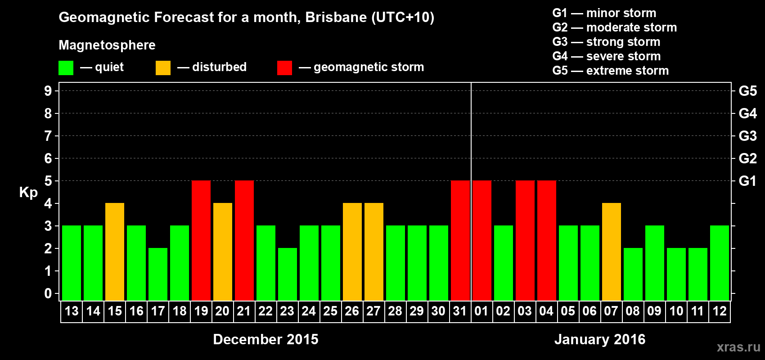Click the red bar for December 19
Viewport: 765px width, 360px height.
point(201,240)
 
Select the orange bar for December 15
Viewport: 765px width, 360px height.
point(115,252)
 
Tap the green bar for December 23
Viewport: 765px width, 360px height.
point(288,274)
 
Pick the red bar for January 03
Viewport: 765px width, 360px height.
point(525,240)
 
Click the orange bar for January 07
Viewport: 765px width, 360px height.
point(612,252)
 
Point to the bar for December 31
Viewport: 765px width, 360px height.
point(460,240)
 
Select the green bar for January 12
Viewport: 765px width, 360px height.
point(720,263)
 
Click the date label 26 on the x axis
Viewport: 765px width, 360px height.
point(352,311)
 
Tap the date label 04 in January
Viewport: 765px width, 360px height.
point(546,311)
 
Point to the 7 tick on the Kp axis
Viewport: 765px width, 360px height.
point(48,136)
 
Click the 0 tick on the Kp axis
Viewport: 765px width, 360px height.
point(48,293)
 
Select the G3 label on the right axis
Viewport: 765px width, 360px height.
point(747,136)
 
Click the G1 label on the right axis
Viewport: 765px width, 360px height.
point(747,181)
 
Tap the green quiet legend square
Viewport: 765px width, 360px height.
point(66,68)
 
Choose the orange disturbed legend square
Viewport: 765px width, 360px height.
point(163,68)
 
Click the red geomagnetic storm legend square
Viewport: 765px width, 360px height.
point(284,68)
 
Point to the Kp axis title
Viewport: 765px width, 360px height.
point(28,193)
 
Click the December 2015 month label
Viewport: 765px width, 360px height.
point(265,339)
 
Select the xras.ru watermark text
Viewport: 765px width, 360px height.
point(738,347)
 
